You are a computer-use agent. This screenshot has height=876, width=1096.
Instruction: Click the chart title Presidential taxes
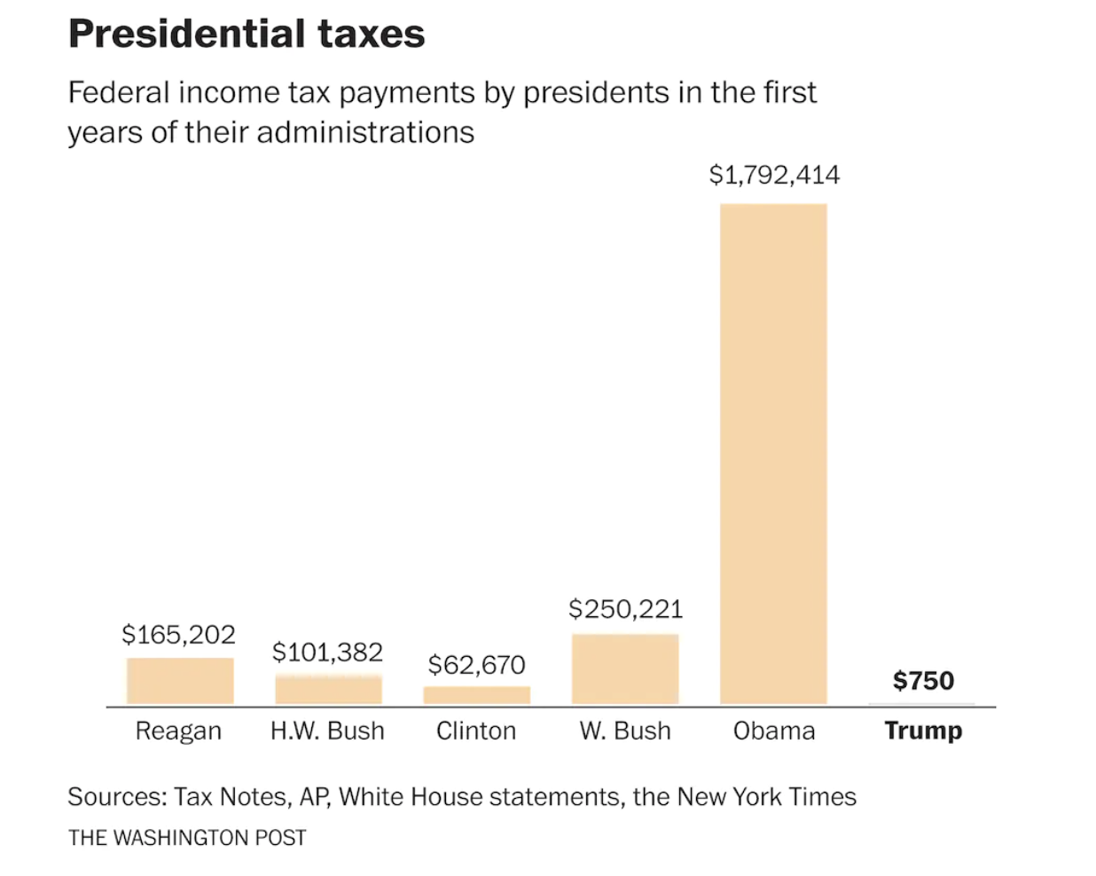(x=247, y=34)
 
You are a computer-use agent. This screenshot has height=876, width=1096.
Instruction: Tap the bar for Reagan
(x=180, y=681)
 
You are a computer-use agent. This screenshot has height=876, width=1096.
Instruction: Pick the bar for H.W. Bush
(x=328, y=690)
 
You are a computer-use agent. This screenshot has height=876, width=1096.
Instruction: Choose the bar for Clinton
(x=477, y=695)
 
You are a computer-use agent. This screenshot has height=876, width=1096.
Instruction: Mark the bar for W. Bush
(x=625, y=669)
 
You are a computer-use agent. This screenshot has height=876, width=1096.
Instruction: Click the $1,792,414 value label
(x=774, y=175)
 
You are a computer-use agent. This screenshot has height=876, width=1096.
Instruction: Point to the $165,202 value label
(x=178, y=634)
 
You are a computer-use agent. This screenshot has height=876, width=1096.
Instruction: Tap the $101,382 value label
(x=327, y=652)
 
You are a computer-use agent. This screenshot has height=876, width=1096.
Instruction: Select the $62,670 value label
(x=476, y=664)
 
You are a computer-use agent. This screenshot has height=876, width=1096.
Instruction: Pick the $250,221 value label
(x=625, y=608)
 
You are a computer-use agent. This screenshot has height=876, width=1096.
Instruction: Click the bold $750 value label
(x=923, y=680)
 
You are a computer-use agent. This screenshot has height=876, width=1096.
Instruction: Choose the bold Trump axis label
(x=923, y=731)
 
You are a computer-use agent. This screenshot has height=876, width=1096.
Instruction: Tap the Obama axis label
(x=774, y=731)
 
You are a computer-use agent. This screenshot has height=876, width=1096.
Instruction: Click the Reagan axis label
(x=178, y=731)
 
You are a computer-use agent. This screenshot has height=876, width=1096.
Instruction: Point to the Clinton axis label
(x=476, y=731)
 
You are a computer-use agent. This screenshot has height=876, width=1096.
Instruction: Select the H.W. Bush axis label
(x=327, y=731)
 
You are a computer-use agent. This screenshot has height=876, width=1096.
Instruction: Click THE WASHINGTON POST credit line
(x=187, y=838)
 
